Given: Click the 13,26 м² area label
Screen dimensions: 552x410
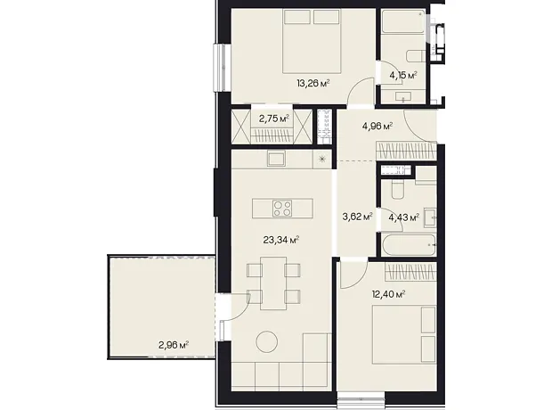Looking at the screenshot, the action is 313,84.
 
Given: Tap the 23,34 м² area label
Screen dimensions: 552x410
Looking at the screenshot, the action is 281,241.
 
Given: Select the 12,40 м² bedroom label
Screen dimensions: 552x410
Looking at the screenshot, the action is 388,294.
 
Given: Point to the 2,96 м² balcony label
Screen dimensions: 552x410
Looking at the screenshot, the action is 174,344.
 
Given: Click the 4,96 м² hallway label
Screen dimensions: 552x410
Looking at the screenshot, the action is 377,127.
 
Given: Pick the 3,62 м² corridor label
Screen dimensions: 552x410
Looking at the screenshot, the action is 357,217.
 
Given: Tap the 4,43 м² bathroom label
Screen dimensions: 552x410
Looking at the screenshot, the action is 404,217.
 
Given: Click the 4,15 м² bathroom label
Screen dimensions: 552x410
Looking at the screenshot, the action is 403,75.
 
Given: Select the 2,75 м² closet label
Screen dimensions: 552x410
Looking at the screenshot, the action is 274,119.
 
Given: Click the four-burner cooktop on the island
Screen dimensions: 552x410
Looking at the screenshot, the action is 282,208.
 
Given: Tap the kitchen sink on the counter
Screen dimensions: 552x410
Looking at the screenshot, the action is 276,159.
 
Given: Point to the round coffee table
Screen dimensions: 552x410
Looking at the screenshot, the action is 266,342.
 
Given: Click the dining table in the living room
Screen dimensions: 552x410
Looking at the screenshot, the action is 273,283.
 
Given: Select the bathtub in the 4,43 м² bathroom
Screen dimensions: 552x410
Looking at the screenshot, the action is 409,245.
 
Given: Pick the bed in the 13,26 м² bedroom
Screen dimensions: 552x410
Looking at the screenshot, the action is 313,41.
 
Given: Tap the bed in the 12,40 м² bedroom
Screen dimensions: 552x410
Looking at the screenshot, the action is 404,334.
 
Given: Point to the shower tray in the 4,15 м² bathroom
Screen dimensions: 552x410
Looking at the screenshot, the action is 403,21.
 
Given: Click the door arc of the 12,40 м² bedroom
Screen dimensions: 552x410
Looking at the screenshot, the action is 359,276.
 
